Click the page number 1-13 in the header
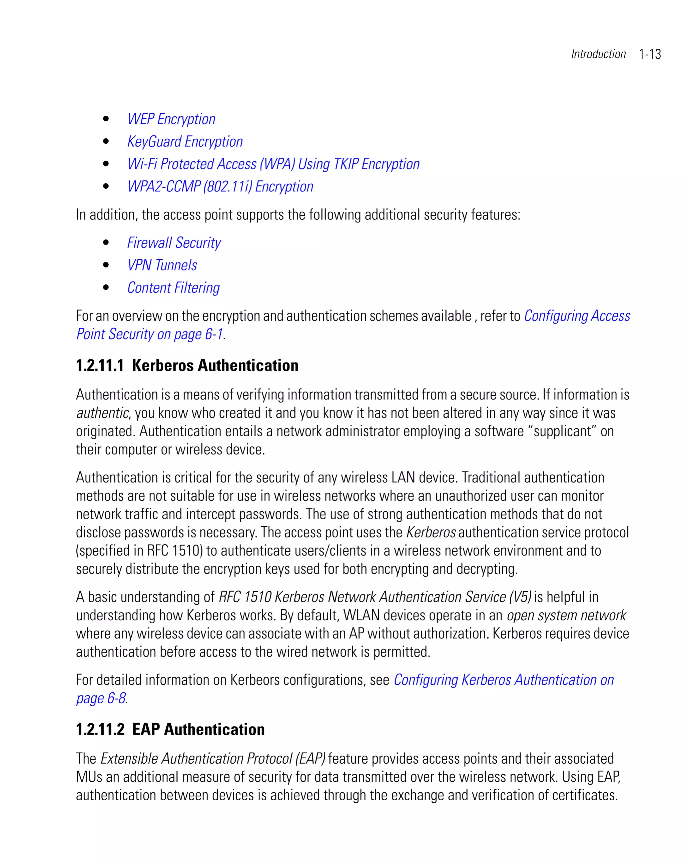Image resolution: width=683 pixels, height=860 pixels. [650, 54]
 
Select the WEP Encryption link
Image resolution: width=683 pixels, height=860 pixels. [171, 119]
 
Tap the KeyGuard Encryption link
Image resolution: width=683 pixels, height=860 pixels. [185, 142]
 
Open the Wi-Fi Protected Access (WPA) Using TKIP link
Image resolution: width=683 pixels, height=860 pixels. [273, 164]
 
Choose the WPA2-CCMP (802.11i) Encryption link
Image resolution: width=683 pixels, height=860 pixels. [220, 187]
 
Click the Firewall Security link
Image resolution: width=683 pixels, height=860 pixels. [174, 243]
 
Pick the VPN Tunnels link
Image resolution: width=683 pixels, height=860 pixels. [162, 265]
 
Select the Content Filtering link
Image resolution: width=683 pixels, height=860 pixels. [173, 288]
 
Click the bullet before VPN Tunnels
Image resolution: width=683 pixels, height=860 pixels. [106, 265]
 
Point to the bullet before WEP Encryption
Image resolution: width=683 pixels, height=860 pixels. [106, 119]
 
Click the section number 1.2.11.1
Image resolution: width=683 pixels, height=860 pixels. [100, 366]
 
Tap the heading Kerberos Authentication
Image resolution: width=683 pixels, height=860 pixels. [215, 366]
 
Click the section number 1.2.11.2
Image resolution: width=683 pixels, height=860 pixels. [100, 730]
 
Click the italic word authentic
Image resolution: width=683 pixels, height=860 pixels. [102, 413]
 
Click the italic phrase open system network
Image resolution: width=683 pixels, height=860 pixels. [566, 616]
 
